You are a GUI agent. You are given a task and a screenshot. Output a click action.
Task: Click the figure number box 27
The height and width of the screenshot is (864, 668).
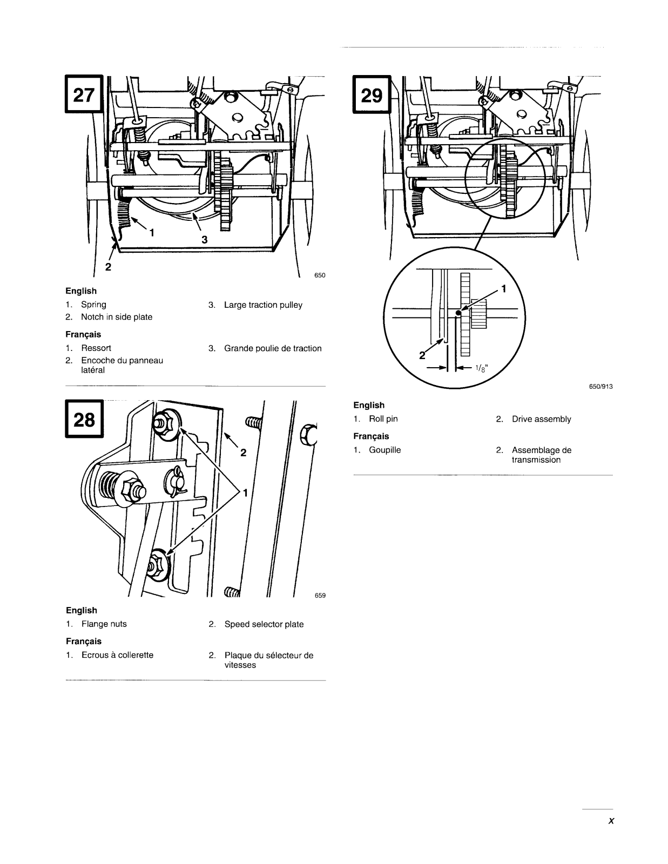[84, 94]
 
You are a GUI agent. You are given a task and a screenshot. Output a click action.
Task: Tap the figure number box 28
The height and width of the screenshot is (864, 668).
[84, 419]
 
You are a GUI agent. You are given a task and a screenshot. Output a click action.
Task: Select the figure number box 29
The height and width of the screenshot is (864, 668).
[372, 94]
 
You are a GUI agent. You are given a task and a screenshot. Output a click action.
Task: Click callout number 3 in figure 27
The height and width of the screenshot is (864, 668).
[204, 239]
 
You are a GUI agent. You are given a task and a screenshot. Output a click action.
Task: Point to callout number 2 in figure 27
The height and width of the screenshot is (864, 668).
[108, 267]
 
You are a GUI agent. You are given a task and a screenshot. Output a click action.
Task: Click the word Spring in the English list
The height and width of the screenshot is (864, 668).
[93, 305]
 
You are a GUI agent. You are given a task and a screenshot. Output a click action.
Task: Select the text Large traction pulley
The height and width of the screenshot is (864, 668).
[263, 305]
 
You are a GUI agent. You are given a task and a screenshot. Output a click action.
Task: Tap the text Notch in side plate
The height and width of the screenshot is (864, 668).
[117, 317]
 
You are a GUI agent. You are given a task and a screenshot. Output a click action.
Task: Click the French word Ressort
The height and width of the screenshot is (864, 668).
[96, 348]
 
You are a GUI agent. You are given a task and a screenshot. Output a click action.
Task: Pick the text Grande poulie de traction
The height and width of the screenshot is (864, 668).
[273, 348]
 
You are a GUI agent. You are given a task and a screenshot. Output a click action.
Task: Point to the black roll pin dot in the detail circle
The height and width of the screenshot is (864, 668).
[458, 313]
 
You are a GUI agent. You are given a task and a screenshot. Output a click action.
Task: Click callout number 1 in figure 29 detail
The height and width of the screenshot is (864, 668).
[504, 289]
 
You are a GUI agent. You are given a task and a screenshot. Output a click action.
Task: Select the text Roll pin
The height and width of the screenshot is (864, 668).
[383, 418]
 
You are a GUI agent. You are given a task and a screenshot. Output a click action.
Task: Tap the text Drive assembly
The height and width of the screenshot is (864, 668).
[541, 419]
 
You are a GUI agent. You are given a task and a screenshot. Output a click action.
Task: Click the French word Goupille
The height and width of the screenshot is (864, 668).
[385, 450]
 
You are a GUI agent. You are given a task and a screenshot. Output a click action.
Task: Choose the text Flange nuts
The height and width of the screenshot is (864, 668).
[104, 624]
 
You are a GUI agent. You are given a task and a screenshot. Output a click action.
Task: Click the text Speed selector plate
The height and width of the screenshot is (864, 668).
[264, 624]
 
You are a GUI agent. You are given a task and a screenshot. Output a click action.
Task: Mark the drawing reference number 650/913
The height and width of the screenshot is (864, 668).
[601, 386]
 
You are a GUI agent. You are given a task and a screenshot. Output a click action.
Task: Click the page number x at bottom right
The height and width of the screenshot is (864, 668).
[611, 821]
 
